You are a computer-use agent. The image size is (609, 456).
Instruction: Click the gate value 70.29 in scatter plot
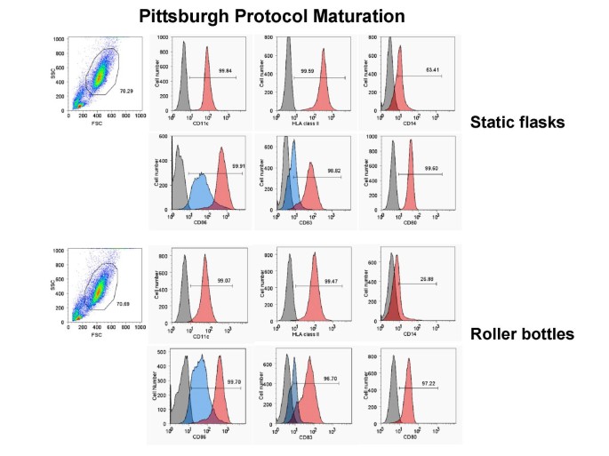[x=126, y=91]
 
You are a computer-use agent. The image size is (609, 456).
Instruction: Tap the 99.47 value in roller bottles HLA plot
[x=324, y=283]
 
